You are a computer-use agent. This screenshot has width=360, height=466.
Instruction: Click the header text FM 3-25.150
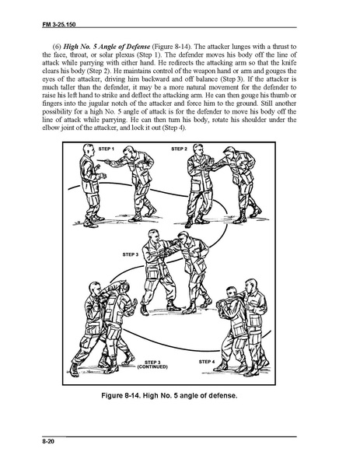tap(59, 24)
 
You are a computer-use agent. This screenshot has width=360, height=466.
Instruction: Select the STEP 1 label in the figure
tap(106, 149)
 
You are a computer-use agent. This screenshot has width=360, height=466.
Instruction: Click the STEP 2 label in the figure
tap(180, 149)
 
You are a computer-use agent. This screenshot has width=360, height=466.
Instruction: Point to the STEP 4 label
tap(207, 362)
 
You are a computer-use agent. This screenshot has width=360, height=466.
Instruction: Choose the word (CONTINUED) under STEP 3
tap(152, 366)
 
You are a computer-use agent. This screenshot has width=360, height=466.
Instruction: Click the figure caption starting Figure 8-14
tap(170, 395)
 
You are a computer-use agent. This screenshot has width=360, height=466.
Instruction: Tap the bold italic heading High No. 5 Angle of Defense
tap(107, 47)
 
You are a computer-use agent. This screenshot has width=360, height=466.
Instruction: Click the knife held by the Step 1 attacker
tap(104, 161)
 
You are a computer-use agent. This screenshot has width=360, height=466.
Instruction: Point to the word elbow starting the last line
tap(48, 128)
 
